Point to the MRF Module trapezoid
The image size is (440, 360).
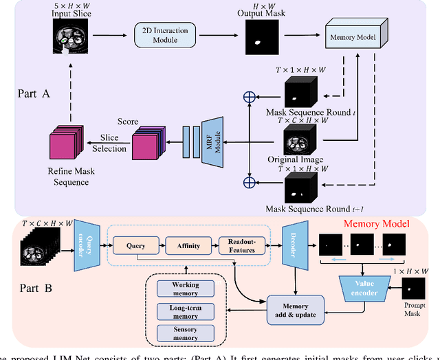(x=209, y=143)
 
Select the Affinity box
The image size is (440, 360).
(x=185, y=244)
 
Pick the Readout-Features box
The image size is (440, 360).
(x=237, y=245)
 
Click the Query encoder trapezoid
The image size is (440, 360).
(x=87, y=244)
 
